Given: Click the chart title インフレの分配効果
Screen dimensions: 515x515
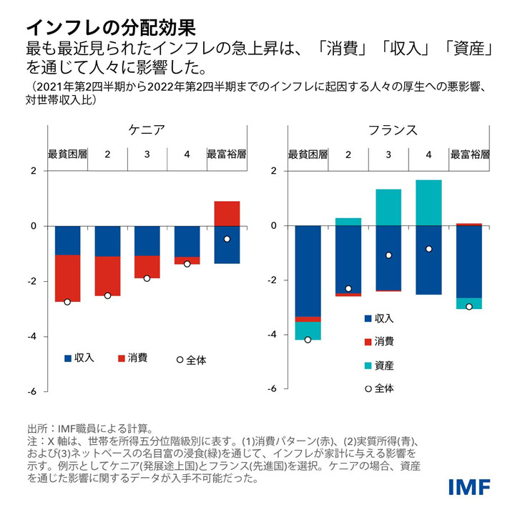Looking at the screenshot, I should tap(111, 27).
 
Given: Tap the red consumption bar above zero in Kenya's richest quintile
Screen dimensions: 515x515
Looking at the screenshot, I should tap(227, 213).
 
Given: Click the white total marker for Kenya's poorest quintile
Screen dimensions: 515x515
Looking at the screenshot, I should tap(67, 302).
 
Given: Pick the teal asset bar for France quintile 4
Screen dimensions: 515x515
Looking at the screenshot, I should tap(428, 202).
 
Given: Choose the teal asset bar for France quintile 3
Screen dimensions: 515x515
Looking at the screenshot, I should tap(388, 207).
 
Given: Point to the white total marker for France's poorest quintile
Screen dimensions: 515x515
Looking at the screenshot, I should tap(308, 340).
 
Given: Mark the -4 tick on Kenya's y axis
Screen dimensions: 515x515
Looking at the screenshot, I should tap(31, 336).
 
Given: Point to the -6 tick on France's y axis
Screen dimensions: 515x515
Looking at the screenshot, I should tap(272, 390).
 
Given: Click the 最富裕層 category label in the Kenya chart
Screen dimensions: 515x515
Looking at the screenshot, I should tap(227, 154).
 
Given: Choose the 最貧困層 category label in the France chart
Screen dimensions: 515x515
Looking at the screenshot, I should tap(308, 154).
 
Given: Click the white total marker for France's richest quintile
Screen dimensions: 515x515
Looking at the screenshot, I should tap(469, 306).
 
